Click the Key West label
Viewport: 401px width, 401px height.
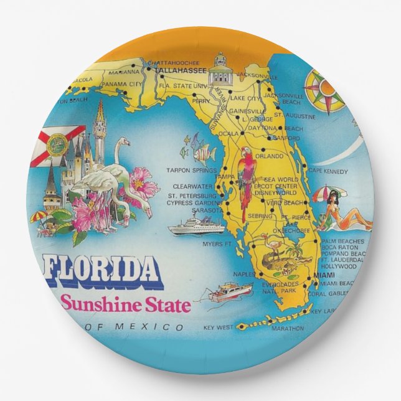click(218, 326)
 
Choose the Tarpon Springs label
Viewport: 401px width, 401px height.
click(191, 169)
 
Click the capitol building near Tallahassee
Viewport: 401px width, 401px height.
click(221, 72)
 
